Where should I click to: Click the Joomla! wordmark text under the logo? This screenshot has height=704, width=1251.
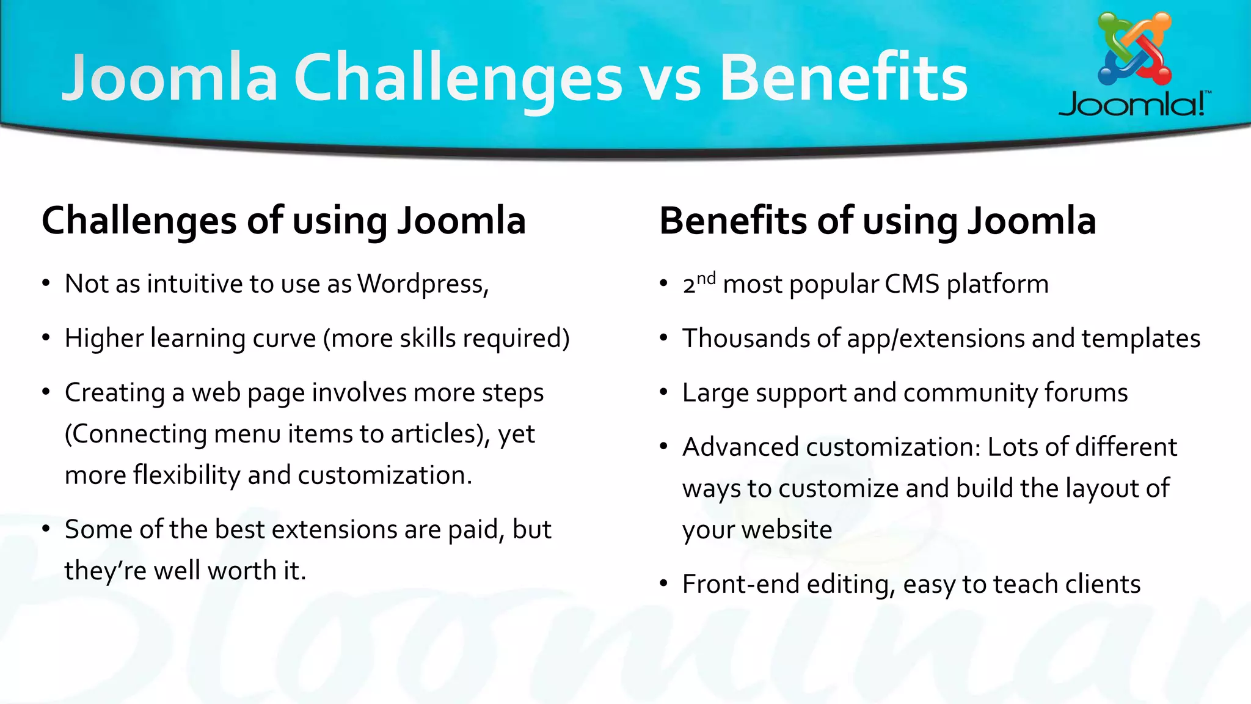(1134, 105)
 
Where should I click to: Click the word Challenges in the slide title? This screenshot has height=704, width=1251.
(458, 78)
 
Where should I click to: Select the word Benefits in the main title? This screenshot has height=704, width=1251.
(843, 78)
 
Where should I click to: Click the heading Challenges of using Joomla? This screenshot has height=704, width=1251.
(283, 221)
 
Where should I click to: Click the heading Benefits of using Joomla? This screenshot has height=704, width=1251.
(877, 221)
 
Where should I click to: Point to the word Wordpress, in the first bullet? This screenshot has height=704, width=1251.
(423, 284)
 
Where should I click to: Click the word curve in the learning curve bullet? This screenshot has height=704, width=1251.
(284, 339)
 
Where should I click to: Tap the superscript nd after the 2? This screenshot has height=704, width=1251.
(706, 279)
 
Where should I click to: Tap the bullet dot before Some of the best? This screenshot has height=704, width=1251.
(46, 530)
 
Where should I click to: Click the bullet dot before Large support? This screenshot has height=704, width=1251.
(664, 393)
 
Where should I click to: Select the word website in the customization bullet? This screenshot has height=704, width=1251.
(787, 530)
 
